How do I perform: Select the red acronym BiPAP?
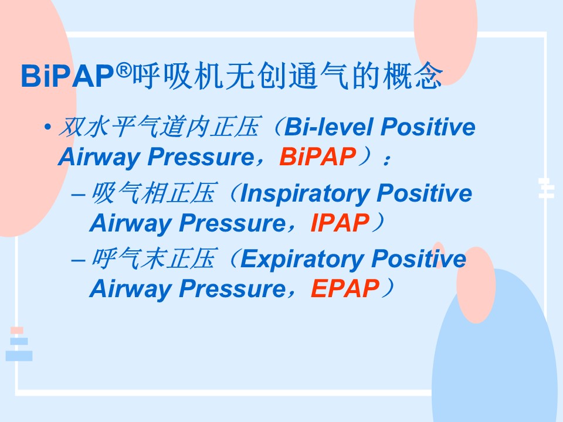point(318,157)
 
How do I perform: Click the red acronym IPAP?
point(340,223)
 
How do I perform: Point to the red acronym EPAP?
point(345,288)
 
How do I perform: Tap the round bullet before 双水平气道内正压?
point(48,127)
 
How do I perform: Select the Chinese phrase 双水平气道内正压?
point(158,127)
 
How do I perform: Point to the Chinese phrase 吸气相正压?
point(154,193)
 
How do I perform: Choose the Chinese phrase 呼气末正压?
point(154,258)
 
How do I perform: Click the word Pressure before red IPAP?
point(232,223)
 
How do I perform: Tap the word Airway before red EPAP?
point(130,289)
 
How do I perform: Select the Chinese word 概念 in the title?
point(412,76)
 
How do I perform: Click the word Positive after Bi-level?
point(428,127)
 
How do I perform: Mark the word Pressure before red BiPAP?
point(201,157)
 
